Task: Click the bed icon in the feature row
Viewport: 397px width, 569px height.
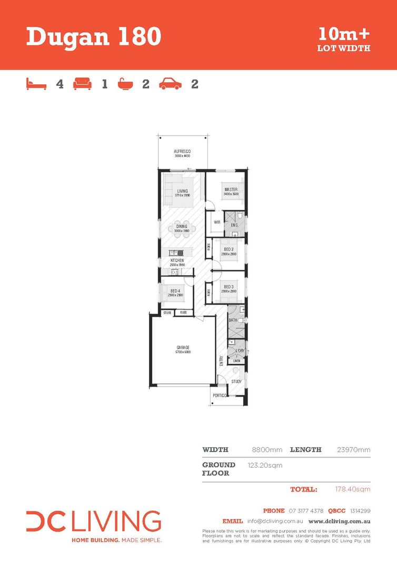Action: click(36, 83)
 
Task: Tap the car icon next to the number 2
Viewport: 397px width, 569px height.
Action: click(170, 83)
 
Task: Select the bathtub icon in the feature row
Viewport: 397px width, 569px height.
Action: click(125, 83)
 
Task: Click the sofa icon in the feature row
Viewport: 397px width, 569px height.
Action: click(82, 83)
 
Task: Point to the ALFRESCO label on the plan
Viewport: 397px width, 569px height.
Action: click(182, 152)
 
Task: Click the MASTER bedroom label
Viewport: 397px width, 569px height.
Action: click(231, 190)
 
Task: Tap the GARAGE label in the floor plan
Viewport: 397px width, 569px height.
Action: click(183, 347)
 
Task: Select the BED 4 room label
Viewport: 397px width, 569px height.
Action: click(176, 291)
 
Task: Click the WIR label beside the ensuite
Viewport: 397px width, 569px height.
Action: click(216, 222)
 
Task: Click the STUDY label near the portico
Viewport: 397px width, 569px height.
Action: click(236, 381)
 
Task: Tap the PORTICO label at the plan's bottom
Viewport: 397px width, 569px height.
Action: click(219, 395)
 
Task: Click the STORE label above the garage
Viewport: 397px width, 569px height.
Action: click(167, 312)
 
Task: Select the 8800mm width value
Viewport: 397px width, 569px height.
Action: click(268, 450)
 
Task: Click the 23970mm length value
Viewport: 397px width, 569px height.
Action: click(353, 450)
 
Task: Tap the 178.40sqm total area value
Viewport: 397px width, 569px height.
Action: click(352, 489)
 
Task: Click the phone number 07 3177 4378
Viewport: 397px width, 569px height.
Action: click(306, 511)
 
